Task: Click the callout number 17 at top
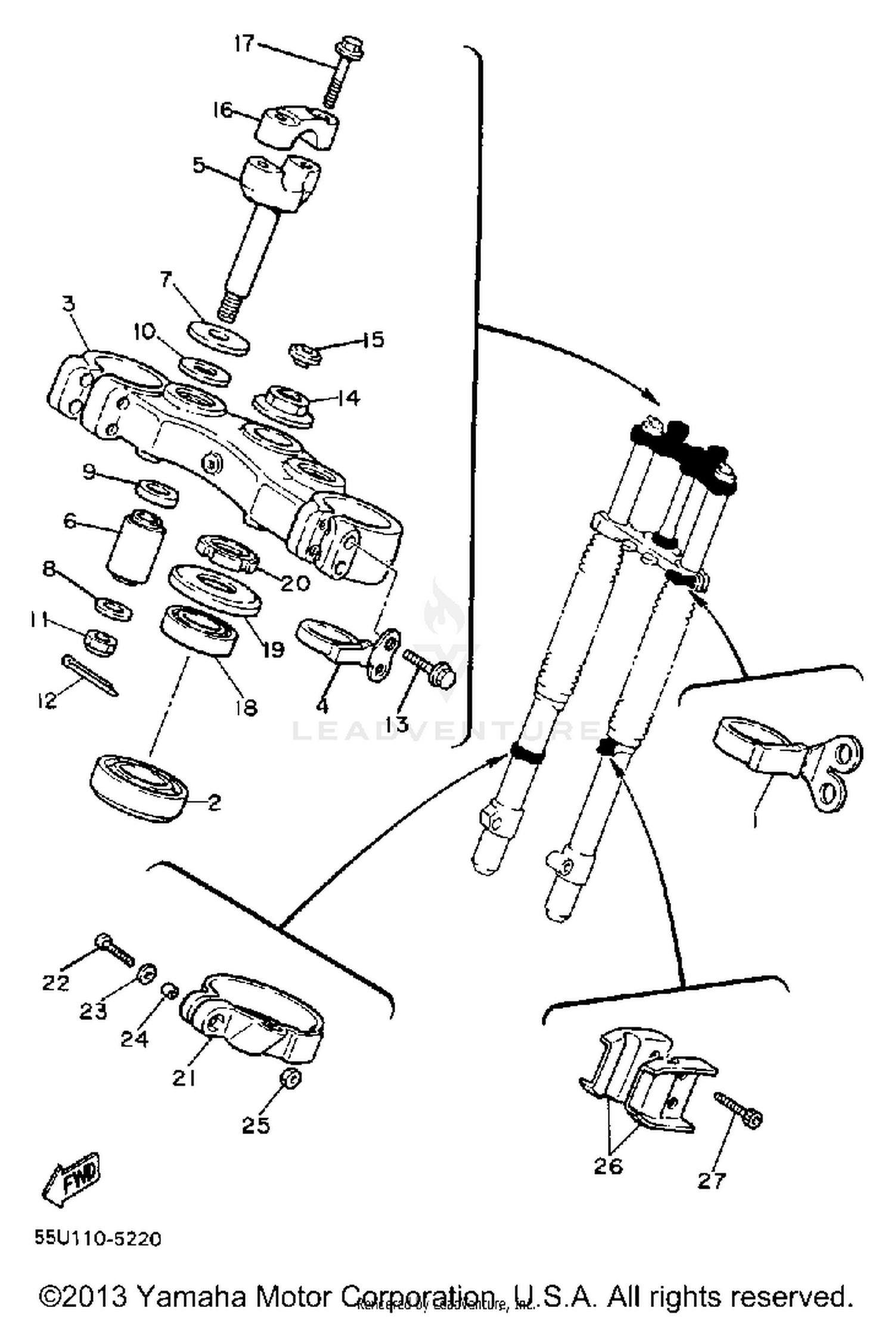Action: [244, 44]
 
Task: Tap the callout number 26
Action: [608, 1166]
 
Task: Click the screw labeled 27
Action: [738, 1110]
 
